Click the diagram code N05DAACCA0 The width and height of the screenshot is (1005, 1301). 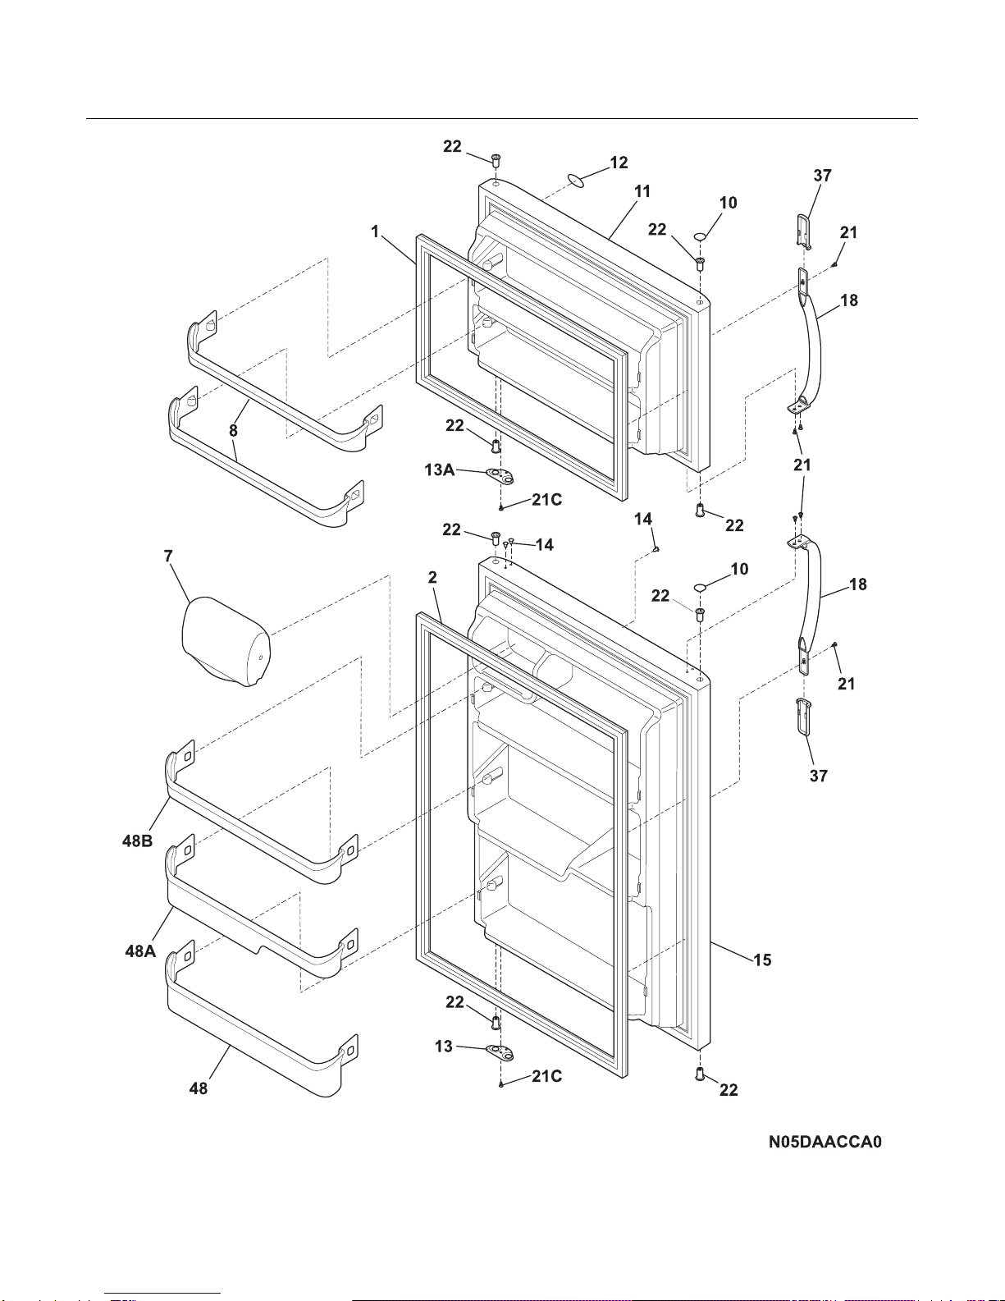tap(825, 1142)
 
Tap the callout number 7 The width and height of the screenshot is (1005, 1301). tap(169, 557)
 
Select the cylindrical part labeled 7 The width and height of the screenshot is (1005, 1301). tap(226, 641)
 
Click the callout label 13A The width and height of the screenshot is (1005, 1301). tap(440, 470)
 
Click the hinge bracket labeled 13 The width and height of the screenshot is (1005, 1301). tap(500, 1052)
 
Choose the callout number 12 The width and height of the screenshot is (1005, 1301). tap(619, 163)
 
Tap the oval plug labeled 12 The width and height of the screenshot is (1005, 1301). tap(575, 181)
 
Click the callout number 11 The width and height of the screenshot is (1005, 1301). tap(642, 191)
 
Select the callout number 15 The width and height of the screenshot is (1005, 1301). tap(762, 960)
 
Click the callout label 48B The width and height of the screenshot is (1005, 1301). tap(138, 841)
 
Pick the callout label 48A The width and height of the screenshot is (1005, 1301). tap(140, 951)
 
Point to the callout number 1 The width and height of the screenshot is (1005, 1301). tap(375, 231)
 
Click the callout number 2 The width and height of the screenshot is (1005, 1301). tap(432, 577)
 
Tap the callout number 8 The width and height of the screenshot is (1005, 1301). tap(233, 430)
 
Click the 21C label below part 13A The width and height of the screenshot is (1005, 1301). tap(546, 499)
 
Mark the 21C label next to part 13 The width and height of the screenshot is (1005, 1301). tap(546, 1076)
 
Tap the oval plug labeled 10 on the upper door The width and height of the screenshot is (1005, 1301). tap(701, 238)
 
